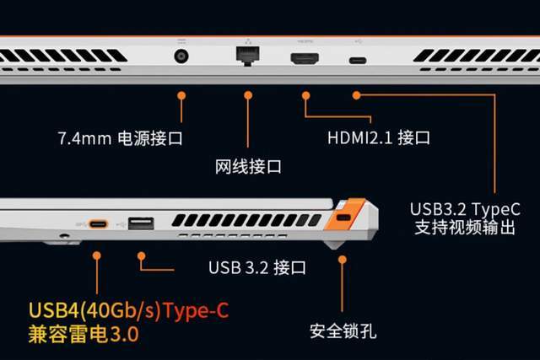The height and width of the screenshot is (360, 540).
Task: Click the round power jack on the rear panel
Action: [x=181, y=56]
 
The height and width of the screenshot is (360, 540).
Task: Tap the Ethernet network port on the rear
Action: [x=248, y=55]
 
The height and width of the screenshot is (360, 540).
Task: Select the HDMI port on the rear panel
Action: [x=305, y=58]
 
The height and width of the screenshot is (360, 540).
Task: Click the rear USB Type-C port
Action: [x=358, y=61]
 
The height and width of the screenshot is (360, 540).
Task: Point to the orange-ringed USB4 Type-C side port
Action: [x=99, y=224]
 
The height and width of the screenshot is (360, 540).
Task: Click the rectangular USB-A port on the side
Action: [x=141, y=223]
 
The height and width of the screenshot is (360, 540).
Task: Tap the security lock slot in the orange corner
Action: [x=343, y=218]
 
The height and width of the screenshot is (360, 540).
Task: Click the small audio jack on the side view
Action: [x=64, y=236]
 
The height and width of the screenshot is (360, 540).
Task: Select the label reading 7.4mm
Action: [x=84, y=138]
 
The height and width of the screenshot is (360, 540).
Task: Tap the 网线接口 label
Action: [x=248, y=167]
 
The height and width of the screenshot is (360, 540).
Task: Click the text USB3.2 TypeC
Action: [x=465, y=209]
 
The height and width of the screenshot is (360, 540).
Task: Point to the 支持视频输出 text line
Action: [x=465, y=227]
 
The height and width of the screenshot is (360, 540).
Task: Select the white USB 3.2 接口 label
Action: [x=256, y=267]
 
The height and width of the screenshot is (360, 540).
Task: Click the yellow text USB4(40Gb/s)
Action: [x=95, y=310]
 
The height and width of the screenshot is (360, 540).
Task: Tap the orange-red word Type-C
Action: [x=196, y=311]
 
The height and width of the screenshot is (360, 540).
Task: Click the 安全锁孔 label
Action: [x=343, y=331]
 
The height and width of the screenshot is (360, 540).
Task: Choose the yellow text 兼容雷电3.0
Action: [x=84, y=334]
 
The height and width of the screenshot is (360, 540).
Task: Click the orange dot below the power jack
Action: [x=181, y=95]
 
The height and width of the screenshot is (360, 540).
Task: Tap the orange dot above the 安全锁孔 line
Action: [x=342, y=259]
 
